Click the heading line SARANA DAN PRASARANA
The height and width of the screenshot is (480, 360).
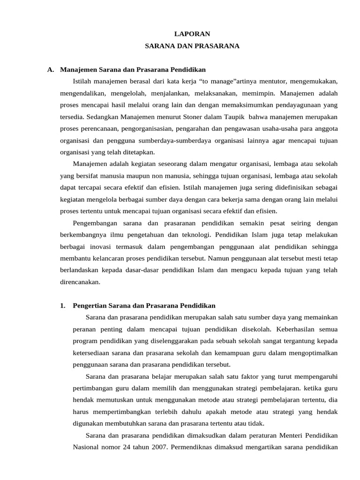tap(192, 46)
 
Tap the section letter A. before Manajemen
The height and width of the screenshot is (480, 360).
tap(51, 70)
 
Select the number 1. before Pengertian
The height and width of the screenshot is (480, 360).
tap(63, 306)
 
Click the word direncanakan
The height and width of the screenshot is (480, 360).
tap(80, 282)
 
